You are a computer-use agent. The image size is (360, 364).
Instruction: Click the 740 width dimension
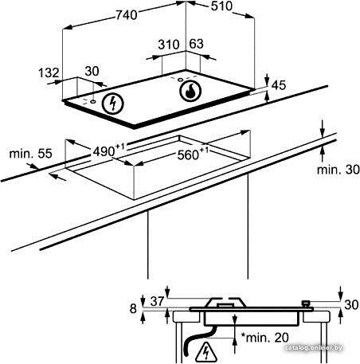[127, 15]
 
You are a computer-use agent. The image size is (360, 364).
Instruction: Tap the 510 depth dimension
[221, 6]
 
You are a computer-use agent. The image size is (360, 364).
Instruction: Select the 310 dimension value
[169, 45]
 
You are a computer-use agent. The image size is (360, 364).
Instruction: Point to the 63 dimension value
[196, 44]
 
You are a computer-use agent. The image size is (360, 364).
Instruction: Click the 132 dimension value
[49, 72]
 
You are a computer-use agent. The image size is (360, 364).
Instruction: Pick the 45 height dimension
[279, 85]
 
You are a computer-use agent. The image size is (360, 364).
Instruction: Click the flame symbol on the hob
[190, 91]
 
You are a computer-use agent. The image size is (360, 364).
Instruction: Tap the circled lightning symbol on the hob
[113, 104]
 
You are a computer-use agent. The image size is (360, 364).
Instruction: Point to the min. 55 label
[30, 154]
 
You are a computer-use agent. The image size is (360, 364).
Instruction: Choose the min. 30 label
[338, 170]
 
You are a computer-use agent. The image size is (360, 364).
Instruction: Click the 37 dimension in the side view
[157, 301]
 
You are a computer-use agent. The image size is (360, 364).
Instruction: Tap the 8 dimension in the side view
[133, 308]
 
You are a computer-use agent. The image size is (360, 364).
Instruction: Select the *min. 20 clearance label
[264, 338]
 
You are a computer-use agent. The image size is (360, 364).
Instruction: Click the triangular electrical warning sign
[205, 352]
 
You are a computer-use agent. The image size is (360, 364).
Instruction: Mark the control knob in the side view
[306, 303]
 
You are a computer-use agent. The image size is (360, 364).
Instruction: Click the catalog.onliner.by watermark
[314, 348]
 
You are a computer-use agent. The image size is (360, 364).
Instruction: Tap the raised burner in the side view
[225, 303]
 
